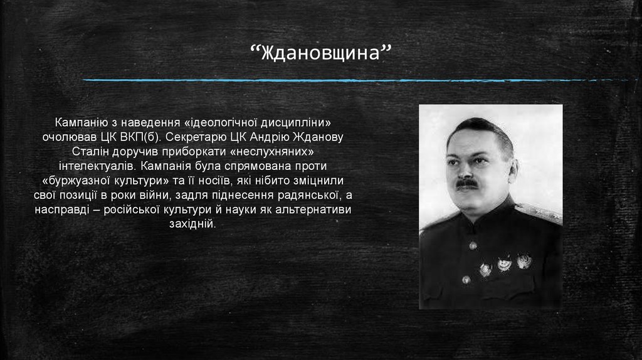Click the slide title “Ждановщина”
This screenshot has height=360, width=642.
point(320,52)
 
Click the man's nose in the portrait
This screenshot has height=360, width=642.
point(464,171)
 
